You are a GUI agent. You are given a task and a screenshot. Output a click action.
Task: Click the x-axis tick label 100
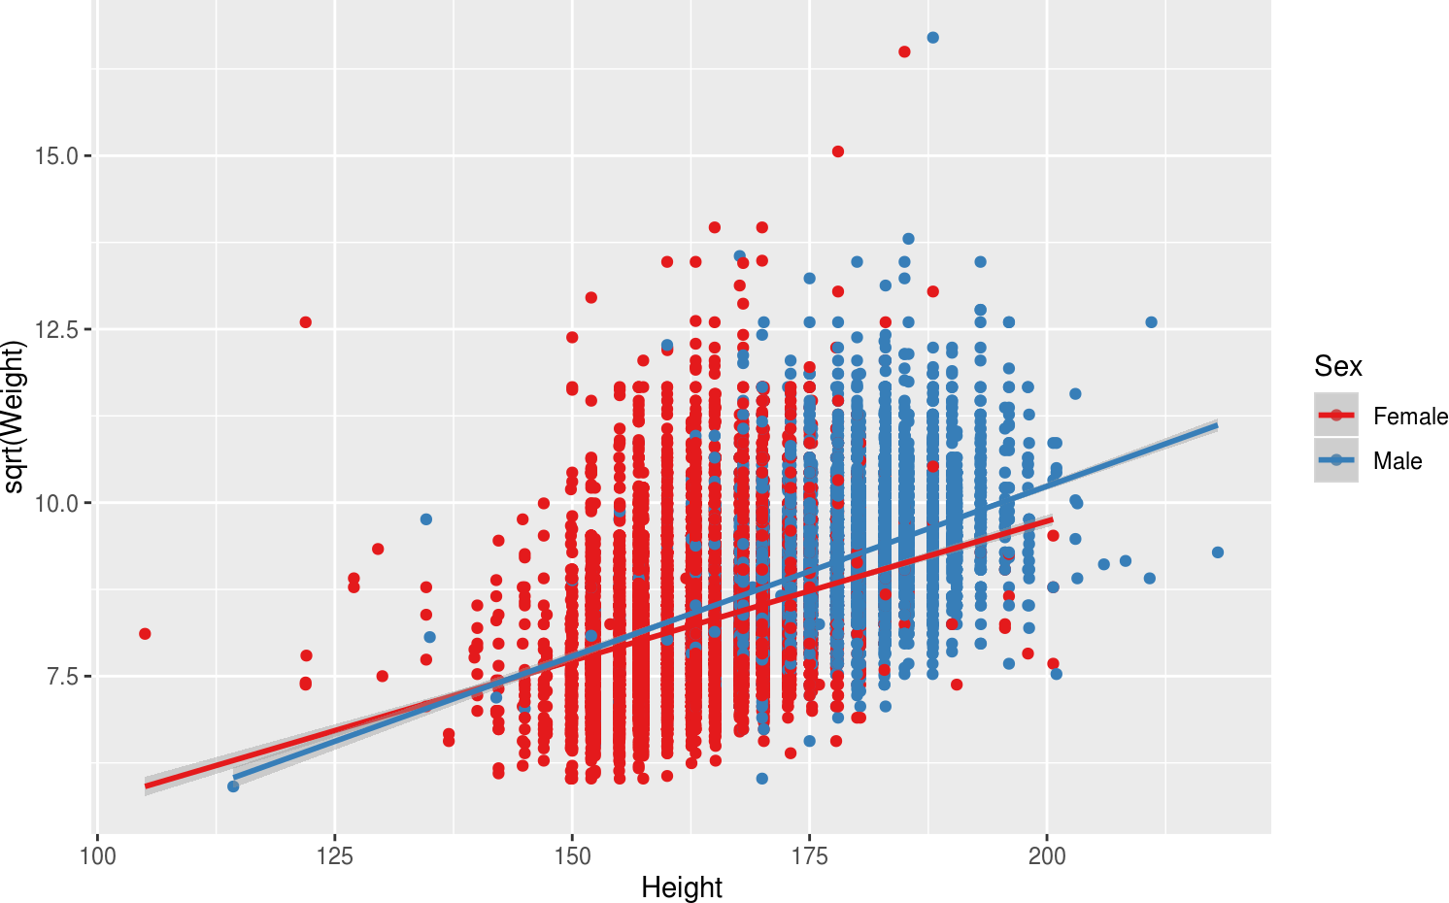(x=97, y=856)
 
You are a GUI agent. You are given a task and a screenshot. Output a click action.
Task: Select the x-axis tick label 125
(x=335, y=856)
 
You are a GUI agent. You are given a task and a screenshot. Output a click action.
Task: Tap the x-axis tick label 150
(x=572, y=856)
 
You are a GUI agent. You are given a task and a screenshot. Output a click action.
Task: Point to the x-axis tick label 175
(x=810, y=856)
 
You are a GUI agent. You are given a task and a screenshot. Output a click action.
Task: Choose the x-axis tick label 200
(x=1047, y=856)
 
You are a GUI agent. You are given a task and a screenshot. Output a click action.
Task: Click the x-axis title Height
(x=682, y=887)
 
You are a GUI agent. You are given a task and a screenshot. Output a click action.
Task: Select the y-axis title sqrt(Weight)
(x=14, y=417)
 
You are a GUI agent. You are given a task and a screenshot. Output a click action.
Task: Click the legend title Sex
(x=1338, y=366)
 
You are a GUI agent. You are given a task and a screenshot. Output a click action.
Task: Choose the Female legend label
(x=1410, y=417)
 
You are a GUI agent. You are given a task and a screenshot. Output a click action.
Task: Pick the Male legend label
(x=1398, y=461)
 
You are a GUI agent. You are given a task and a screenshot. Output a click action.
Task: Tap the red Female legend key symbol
(x=1336, y=416)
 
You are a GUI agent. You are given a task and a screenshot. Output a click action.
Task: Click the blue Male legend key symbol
(x=1336, y=460)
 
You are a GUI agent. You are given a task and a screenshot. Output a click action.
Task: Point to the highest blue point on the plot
(x=933, y=38)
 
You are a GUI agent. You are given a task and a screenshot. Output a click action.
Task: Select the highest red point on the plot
(x=904, y=52)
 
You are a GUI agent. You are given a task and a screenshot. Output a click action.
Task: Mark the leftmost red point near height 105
(x=145, y=634)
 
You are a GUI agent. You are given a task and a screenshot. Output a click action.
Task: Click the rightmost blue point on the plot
(x=1218, y=552)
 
